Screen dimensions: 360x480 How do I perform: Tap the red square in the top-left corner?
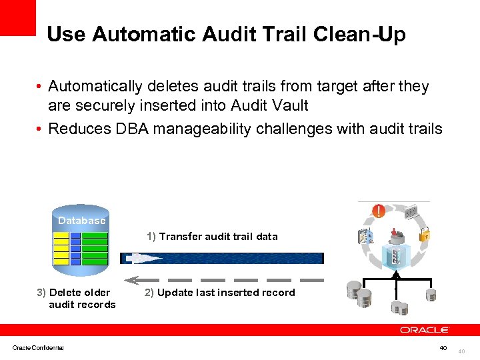[17, 17]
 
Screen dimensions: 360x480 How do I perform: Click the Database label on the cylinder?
[81, 221]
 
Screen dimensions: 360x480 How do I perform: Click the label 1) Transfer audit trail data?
[212, 237]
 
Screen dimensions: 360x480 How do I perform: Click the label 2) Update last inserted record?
[219, 293]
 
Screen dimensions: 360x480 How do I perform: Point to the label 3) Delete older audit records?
[76, 299]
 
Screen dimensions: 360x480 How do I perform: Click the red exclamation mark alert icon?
[378, 211]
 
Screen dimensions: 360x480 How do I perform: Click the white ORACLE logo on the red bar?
[425, 330]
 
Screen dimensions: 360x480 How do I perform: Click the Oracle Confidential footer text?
[38, 347]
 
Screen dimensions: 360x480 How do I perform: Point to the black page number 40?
[443, 347]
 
